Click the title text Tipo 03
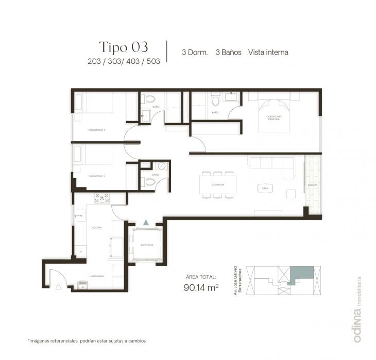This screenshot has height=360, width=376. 123,47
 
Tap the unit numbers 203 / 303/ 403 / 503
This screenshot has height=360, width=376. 124,61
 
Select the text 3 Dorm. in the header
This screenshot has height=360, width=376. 195,52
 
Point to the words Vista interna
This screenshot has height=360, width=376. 268,52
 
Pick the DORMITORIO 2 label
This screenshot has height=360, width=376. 97,129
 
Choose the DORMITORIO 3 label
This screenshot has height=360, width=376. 97,176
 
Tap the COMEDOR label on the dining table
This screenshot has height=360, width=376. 218,184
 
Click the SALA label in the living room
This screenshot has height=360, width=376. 265,188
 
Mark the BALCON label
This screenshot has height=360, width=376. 312,184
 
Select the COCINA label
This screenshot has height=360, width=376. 97,227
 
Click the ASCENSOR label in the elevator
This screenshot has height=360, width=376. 146,245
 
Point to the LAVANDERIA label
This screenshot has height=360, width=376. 97,276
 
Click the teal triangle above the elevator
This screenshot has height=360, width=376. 146,222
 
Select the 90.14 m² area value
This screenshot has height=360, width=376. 200,288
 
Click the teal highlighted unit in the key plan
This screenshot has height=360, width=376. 302,274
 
